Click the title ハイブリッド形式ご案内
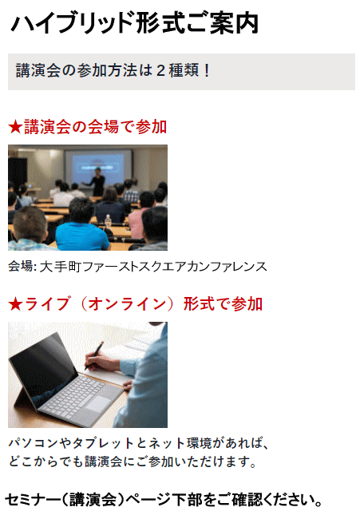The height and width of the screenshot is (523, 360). pyautogui.click(x=135, y=22)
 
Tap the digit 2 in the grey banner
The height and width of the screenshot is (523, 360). pyautogui.click(x=160, y=70)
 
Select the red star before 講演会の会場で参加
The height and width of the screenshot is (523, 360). pyautogui.click(x=15, y=127)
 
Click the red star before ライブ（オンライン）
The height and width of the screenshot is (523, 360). pyautogui.click(x=15, y=304)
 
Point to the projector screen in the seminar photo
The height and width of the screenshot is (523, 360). pyautogui.click(x=98, y=167)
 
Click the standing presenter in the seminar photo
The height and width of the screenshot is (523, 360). pyautogui.click(x=96, y=181)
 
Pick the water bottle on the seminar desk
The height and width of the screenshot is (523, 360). pyautogui.click(x=108, y=221)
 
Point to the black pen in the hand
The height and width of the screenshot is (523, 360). pyautogui.click(x=93, y=356)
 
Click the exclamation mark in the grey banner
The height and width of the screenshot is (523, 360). pyautogui.click(x=207, y=70)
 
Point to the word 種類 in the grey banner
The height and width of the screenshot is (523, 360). pyautogui.click(x=184, y=70)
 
